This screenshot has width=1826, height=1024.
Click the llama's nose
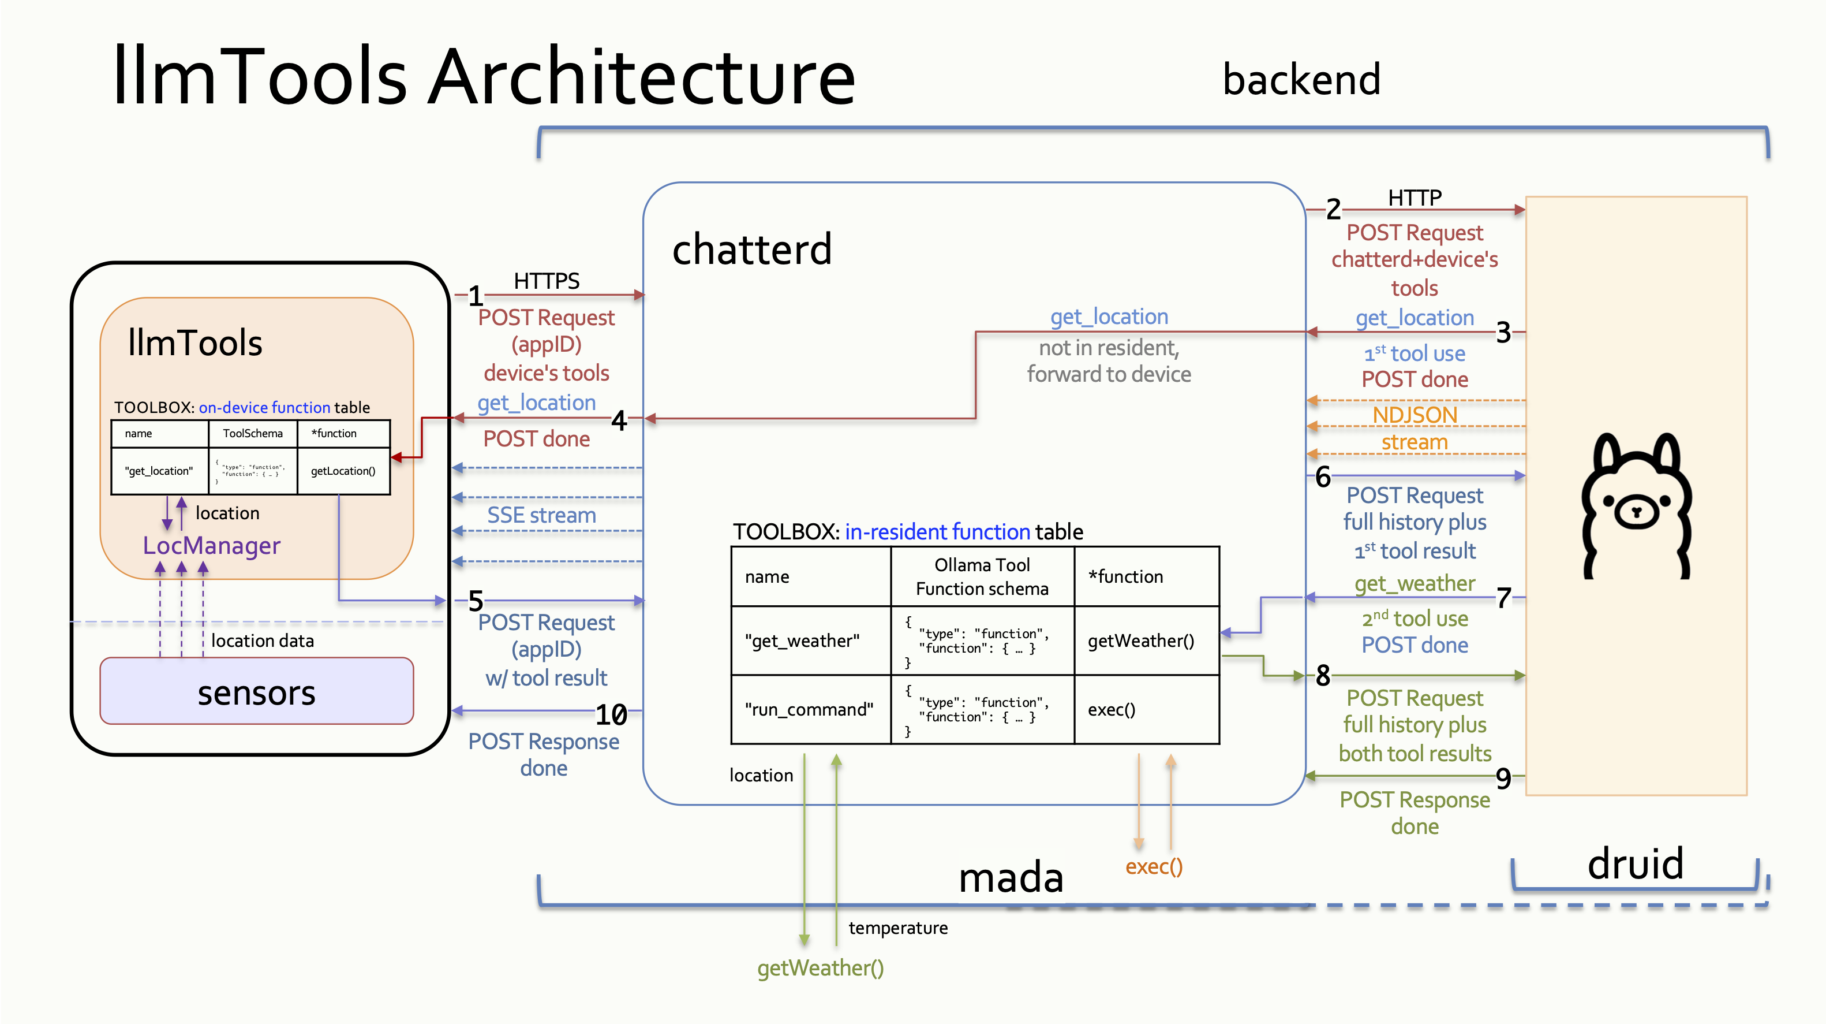tap(1636, 510)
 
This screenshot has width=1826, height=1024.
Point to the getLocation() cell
tap(343, 471)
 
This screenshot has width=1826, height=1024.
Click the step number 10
tap(611, 714)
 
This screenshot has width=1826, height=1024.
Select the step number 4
tap(619, 420)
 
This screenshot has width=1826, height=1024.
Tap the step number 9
tap(1503, 779)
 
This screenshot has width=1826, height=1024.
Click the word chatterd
tap(751, 249)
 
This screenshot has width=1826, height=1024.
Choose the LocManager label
tap(211, 545)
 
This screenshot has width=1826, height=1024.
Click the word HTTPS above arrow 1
tap(547, 281)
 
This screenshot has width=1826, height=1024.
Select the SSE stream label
tap(541, 515)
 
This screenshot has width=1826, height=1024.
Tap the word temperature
tap(897, 928)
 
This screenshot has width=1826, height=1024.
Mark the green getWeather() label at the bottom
tap(820, 967)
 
